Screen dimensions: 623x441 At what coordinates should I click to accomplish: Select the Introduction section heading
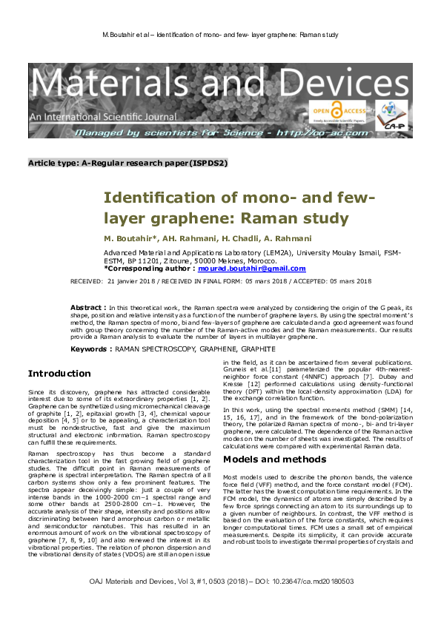(x=59, y=373)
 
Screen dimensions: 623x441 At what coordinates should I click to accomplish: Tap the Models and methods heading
(x=273, y=459)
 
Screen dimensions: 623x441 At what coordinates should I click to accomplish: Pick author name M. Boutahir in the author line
(x=129, y=239)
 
